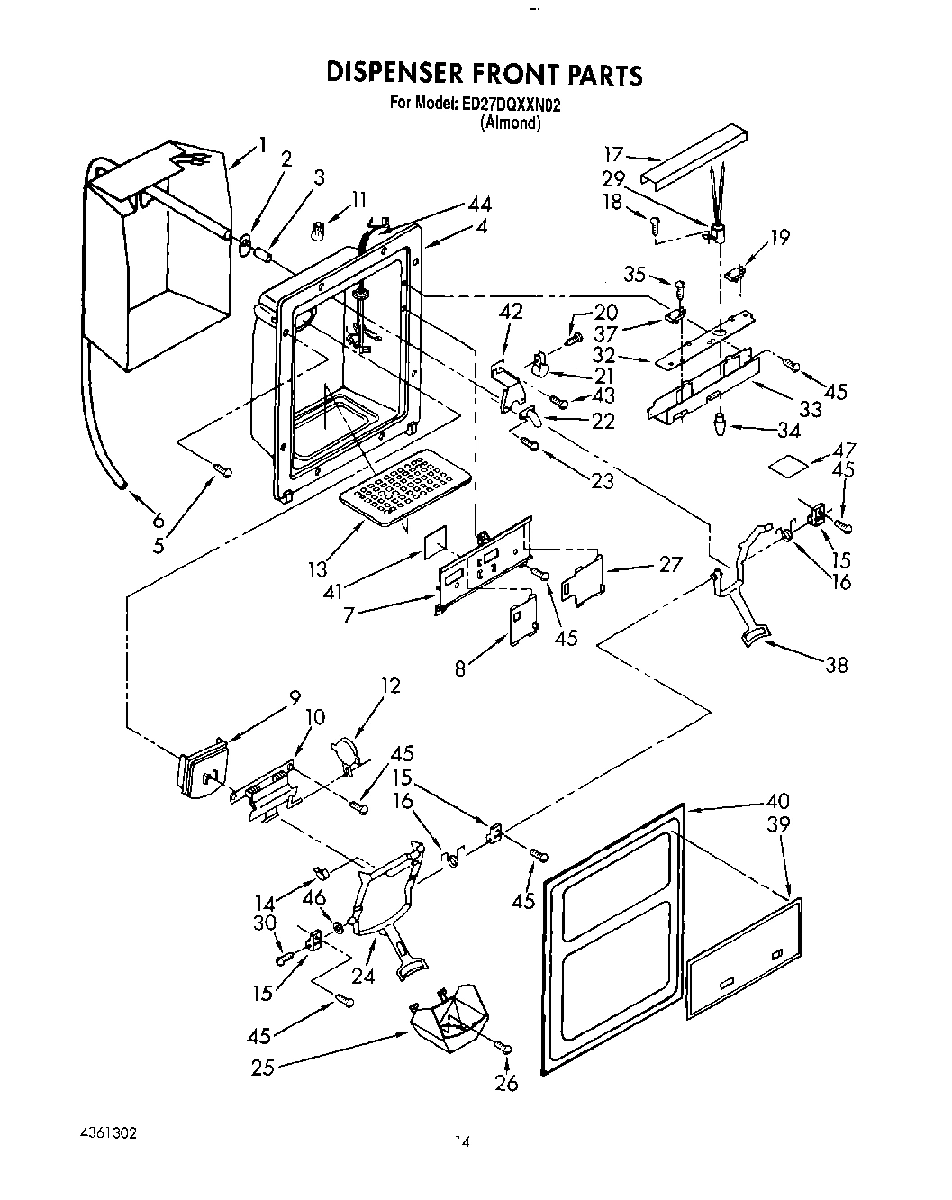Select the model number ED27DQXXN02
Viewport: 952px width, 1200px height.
512,105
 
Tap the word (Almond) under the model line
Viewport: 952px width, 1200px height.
511,123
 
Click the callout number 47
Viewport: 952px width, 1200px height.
845,450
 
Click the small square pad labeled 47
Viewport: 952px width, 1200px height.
784,466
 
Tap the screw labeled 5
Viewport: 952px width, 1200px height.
222,469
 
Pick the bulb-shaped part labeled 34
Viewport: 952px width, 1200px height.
721,423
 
